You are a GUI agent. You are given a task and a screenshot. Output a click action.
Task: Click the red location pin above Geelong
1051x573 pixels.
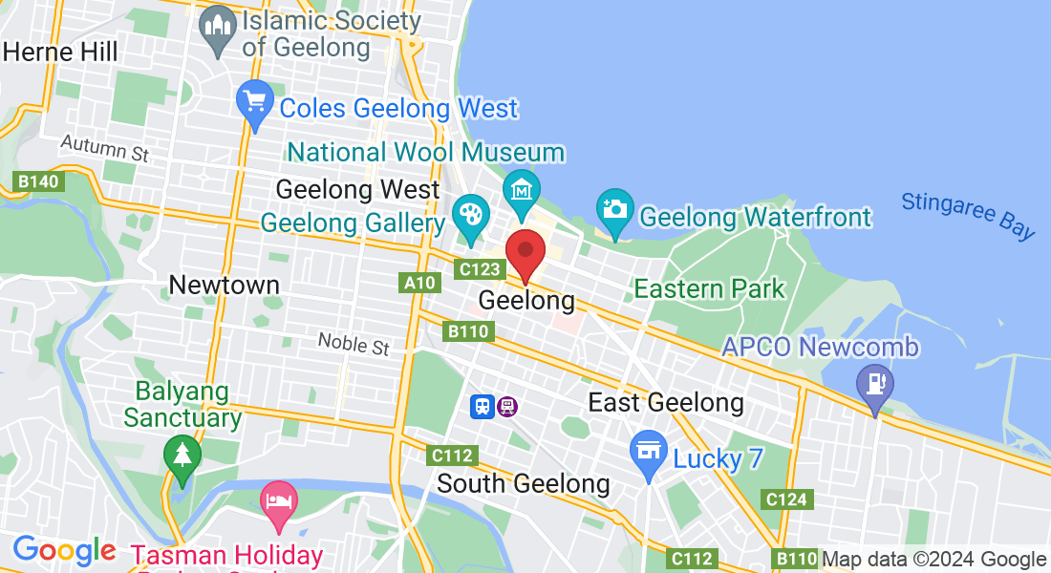(525, 252)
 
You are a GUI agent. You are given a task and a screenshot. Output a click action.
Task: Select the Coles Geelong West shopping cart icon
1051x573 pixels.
(255, 102)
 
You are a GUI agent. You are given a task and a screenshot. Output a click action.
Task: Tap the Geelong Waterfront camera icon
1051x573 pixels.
(614, 208)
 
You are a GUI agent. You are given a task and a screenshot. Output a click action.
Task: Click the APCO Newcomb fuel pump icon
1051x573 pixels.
(874, 384)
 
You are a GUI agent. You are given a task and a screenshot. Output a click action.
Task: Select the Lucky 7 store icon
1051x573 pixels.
(649, 449)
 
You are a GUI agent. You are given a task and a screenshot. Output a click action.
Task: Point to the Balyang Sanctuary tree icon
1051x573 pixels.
(182, 455)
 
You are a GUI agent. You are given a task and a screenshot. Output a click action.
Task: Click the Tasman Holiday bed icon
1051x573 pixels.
(279, 502)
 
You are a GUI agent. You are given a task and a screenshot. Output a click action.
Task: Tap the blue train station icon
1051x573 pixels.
(483, 407)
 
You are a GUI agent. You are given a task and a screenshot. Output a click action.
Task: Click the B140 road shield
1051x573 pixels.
(38, 180)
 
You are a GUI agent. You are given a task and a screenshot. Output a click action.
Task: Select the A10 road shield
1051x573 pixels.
(419, 283)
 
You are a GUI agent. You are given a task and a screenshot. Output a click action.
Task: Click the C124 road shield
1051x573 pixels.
(787, 499)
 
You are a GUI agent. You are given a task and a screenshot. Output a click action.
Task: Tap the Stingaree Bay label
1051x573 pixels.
(968, 215)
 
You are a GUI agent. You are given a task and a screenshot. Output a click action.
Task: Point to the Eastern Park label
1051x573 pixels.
(709, 288)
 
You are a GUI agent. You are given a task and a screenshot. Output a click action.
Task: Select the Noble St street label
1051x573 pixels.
(354, 343)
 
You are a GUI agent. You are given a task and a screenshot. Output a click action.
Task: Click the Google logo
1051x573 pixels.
(64, 550)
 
